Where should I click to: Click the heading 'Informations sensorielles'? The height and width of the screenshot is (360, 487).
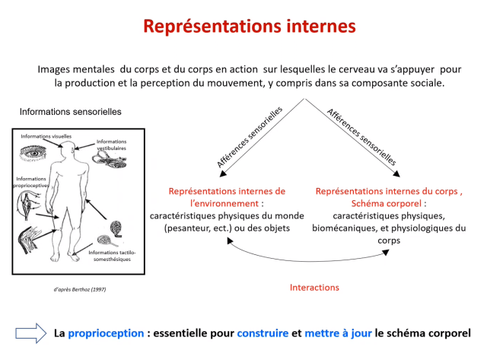pyautogui.click(x=70, y=112)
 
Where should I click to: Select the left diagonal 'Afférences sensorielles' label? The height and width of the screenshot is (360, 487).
pyautogui.click(x=250, y=137)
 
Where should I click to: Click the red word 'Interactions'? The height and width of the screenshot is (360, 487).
pyautogui.click(x=314, y=288)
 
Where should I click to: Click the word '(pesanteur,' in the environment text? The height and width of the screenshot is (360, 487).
pyautogui.click(x=183, y=229)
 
